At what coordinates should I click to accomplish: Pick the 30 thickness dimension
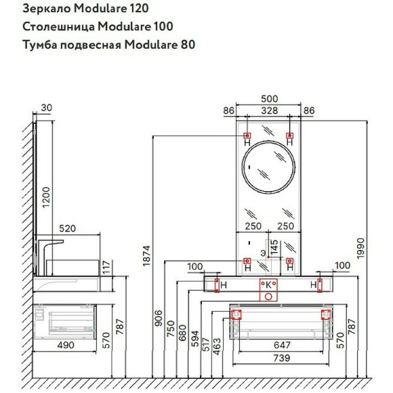pos(46,107)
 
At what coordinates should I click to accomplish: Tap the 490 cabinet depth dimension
pos(65,345)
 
